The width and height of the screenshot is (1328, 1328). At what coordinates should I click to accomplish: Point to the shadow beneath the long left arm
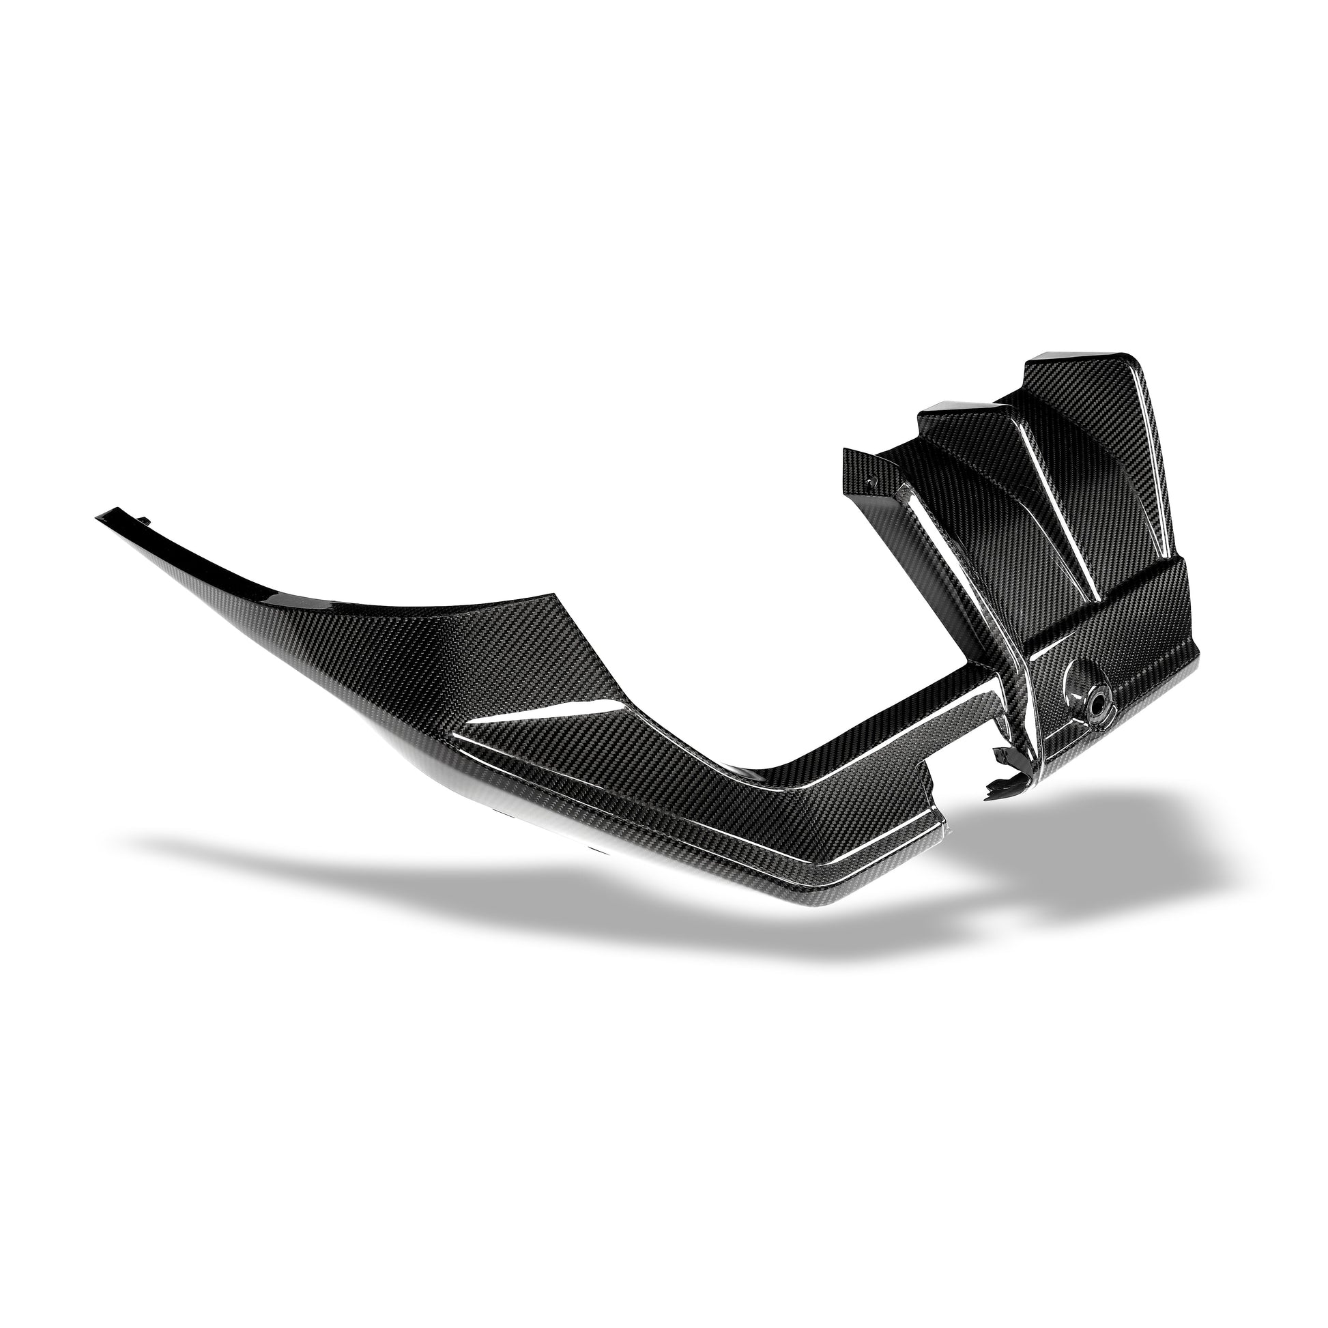412,859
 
